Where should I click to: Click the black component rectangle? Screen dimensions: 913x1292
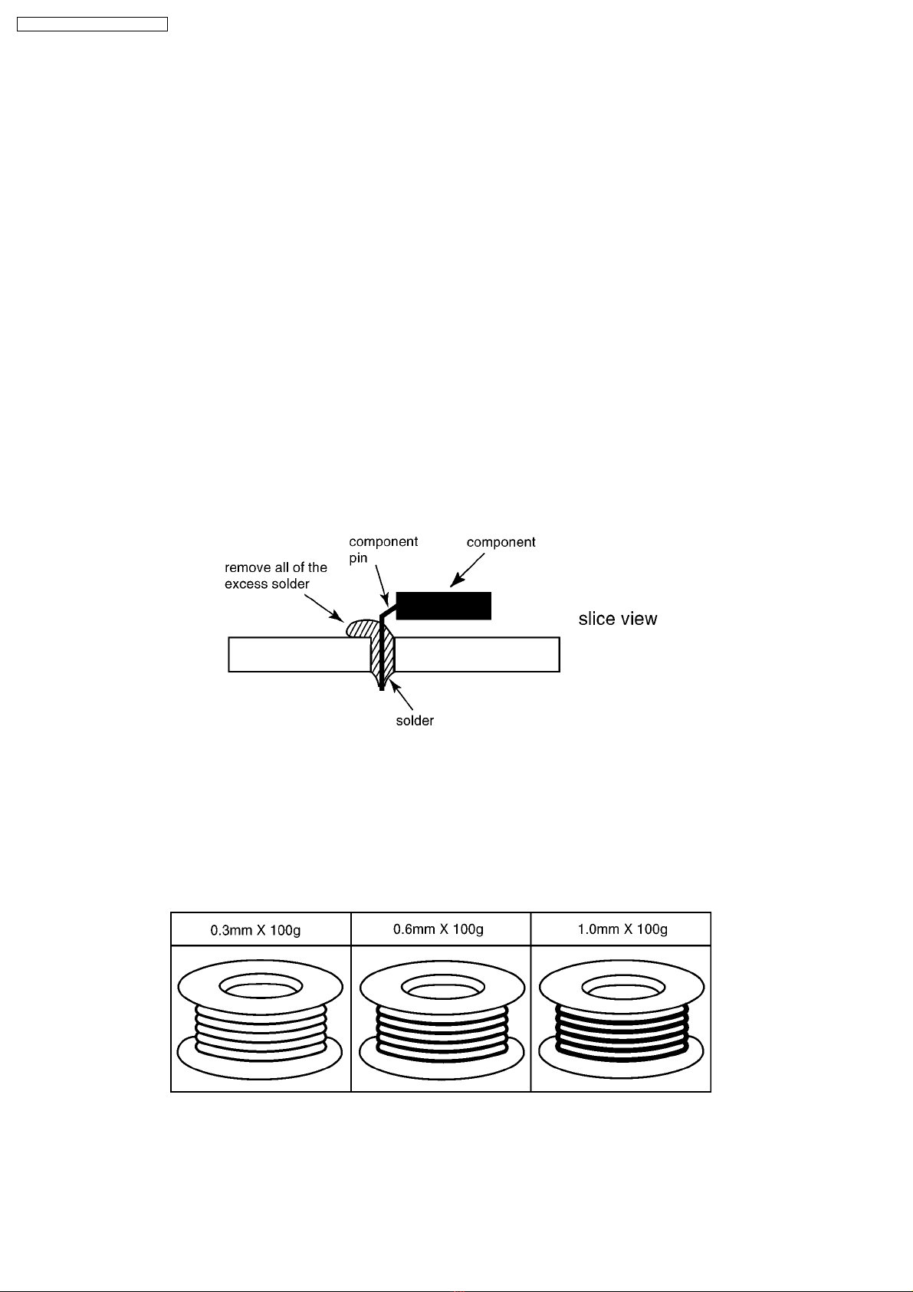[x=444, y=606]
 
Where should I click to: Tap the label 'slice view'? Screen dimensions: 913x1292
[x=618, y=619]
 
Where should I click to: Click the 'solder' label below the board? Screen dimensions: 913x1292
[x=415, y=721]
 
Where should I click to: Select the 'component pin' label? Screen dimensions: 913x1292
[x=383, y=550]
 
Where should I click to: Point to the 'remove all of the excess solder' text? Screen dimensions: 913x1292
[x=276, y=576]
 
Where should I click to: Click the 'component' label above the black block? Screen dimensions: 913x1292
[x=501, y=542]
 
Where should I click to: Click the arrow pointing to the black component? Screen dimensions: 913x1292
[x=467, y=570]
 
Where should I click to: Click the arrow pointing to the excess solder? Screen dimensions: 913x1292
[x=324, y=608]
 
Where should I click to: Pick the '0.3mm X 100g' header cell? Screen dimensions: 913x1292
[x=261, y=929]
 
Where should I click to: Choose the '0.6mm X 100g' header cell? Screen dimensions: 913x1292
[x=441, y=929]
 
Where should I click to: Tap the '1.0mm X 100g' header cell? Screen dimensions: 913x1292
[x=621, y=929]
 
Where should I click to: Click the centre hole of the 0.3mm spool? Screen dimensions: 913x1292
[x=261, y=986]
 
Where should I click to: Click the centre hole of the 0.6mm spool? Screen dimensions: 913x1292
[x=443, y=986]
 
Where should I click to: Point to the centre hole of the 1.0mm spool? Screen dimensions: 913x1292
[x=624, y=986]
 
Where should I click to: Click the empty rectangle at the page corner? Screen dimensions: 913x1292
[x=92, y=25]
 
